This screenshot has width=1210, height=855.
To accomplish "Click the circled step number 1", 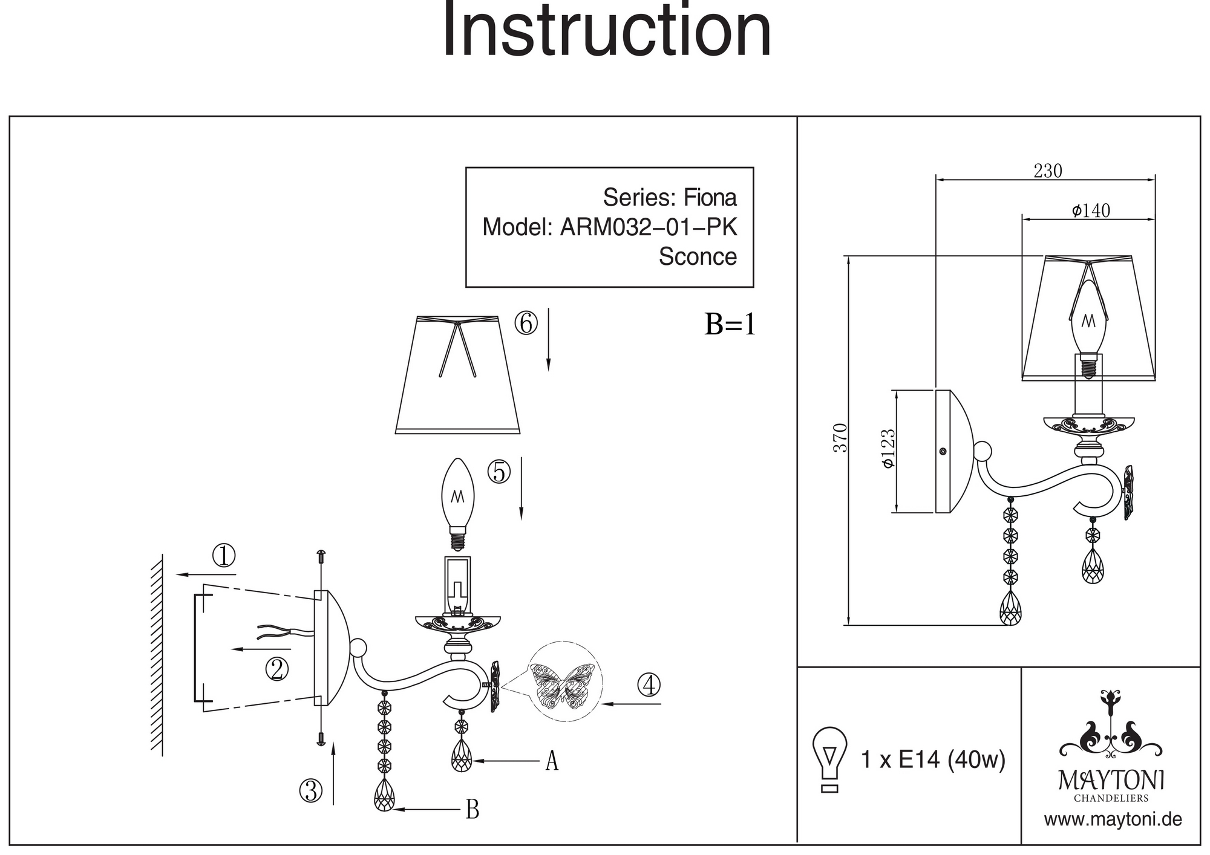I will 223,556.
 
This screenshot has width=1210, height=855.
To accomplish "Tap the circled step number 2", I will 276,669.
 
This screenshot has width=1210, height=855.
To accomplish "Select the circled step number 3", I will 311,790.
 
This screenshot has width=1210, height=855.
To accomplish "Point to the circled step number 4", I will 649,685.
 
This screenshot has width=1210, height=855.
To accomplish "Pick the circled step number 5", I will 499,472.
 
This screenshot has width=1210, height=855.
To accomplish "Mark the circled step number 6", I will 526,323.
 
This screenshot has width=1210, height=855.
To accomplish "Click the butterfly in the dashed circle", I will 562,683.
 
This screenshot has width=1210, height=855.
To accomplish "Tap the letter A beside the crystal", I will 551,761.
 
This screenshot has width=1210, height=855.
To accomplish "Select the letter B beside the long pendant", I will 473,810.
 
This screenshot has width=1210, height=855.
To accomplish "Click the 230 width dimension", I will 1047,172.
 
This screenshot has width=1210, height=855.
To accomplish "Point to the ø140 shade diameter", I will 1091,210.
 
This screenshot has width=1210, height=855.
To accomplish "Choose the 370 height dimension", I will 840,438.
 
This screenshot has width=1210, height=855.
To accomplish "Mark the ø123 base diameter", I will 888,449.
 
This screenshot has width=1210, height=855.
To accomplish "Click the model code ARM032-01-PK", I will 649,227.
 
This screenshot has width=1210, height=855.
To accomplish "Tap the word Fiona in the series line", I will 710,198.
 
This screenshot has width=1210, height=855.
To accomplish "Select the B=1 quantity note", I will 730,325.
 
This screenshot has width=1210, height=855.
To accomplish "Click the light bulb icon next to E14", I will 829,759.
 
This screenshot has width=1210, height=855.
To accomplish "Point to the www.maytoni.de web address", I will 1113,820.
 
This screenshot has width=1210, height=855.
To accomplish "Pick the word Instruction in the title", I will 607,30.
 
